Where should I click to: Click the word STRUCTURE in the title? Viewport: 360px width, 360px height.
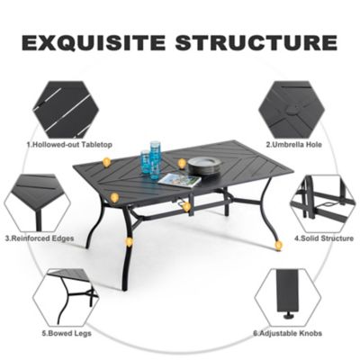click(254, 42)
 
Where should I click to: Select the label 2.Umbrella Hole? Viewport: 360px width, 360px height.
click(294, 144)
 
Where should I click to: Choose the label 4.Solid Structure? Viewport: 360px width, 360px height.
click(319, 238)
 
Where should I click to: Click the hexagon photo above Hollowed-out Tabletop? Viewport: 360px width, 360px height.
click(66, 107)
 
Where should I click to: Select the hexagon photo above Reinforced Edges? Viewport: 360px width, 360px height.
click(37, 202)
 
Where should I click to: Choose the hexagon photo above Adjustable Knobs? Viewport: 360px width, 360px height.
click(288, 295)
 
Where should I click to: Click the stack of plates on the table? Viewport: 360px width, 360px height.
click(204, 166)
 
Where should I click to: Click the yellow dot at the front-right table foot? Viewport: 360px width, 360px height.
click(278, 244)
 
